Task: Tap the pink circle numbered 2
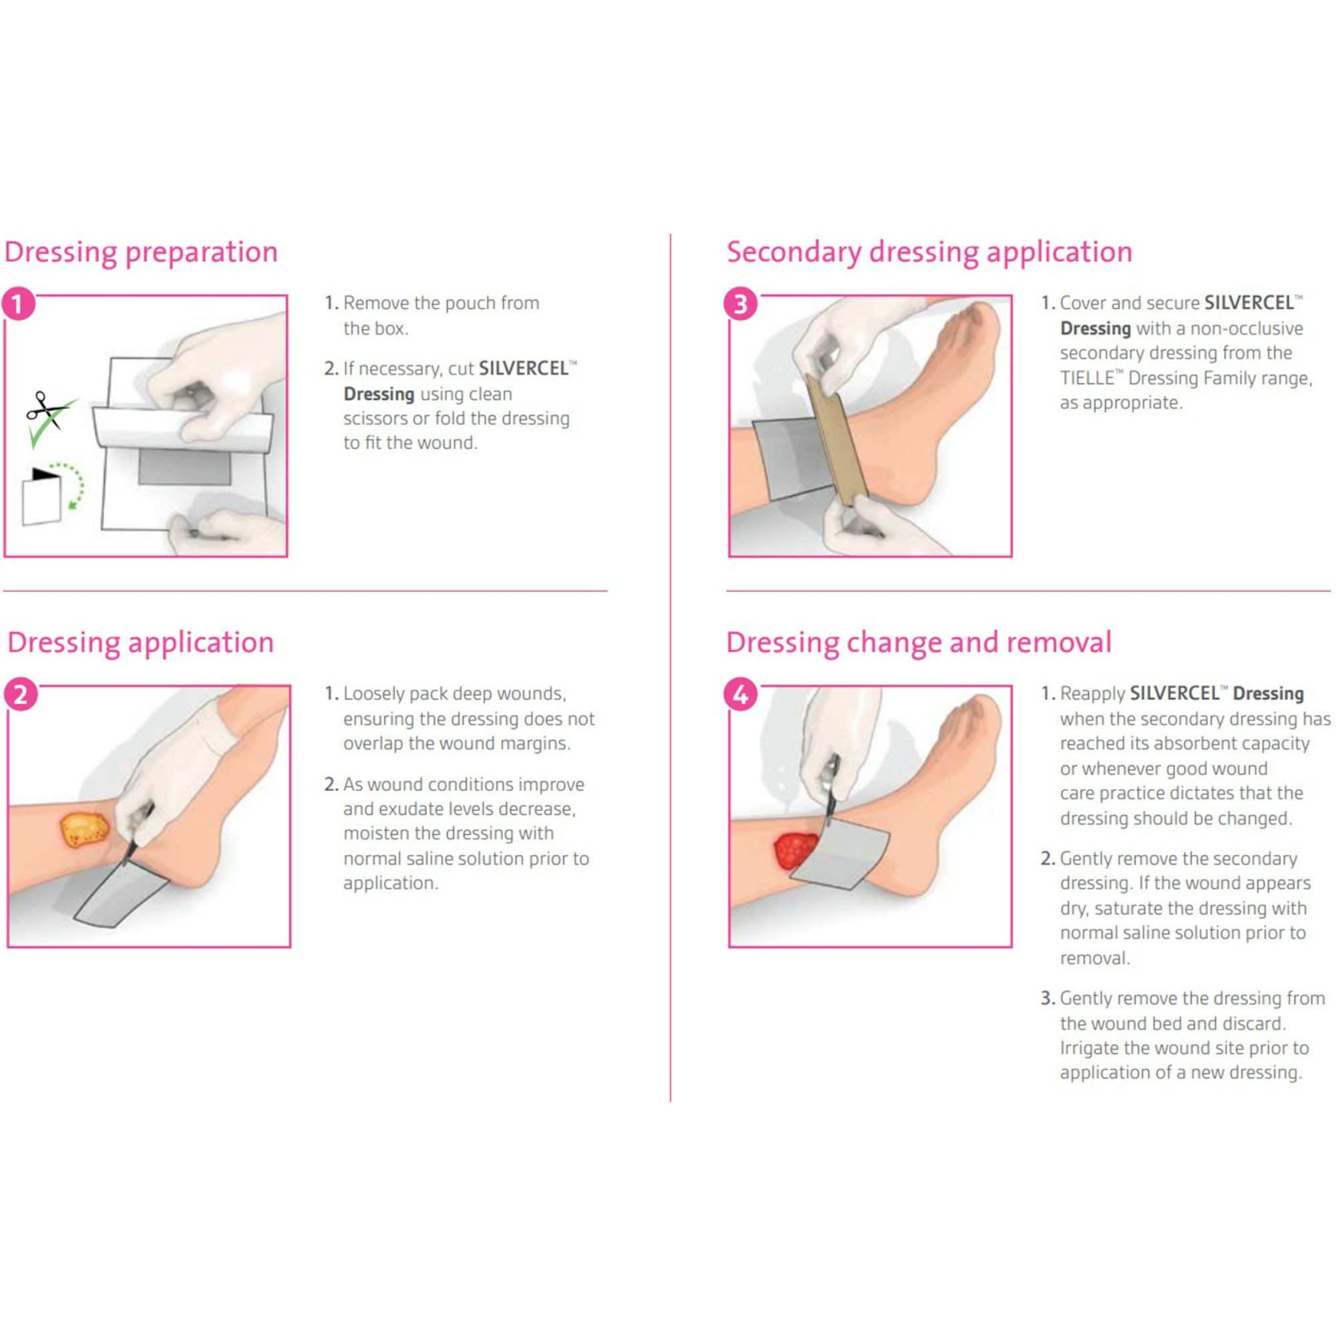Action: (21, 695)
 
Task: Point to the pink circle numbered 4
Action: (740, 695)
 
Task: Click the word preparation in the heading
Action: (201, 253)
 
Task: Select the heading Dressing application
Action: (140, 643)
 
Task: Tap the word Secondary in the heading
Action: (793, 253)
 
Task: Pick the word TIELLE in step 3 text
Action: (1086, 378)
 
